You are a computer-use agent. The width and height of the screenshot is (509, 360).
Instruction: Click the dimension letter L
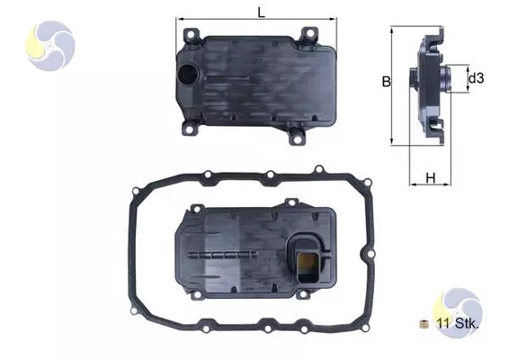(260, 13)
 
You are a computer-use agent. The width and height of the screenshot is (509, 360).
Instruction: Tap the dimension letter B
(385, 82)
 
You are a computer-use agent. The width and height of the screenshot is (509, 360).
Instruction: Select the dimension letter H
(431, 178)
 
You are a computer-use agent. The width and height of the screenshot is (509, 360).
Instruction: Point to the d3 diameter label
(476, 79)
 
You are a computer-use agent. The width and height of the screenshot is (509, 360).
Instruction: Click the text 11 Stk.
(459, 323)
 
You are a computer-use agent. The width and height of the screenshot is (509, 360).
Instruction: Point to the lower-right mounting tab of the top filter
(294, 137)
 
